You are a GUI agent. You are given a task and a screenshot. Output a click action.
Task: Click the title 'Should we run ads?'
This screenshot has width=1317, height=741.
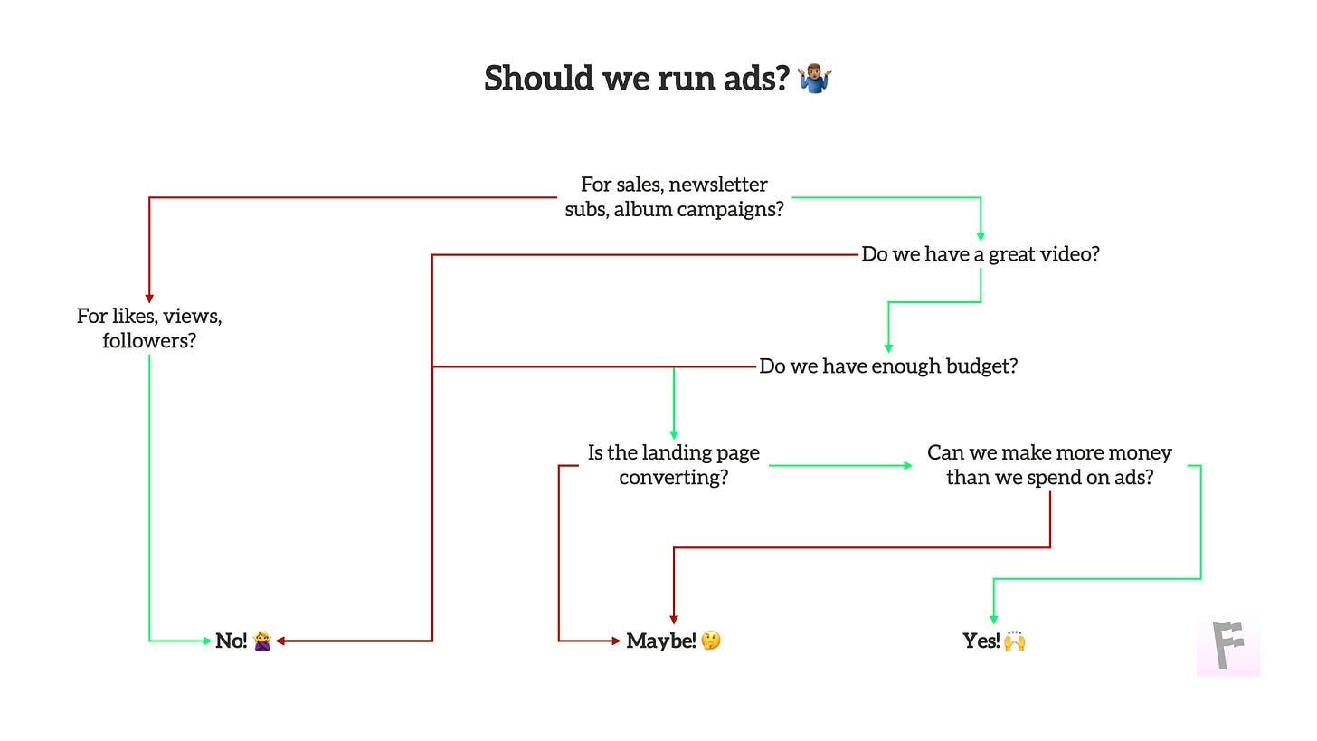(x=637, y=79)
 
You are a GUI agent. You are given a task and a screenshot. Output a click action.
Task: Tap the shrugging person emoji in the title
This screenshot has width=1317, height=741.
(x=815, y=79)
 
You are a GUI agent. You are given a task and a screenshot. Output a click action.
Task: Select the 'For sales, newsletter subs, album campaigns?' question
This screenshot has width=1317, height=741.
(x=674, y=197)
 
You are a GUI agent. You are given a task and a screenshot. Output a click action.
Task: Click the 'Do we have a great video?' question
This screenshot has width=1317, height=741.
(x=980, y=254)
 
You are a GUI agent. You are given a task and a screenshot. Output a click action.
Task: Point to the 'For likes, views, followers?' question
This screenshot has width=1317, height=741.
(x=149, y=328)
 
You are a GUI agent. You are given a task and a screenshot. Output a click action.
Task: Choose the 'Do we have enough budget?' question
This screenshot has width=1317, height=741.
(x=888, y=366)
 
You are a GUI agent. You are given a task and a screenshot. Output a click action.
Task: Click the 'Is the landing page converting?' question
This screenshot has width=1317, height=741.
(x=674, y=465)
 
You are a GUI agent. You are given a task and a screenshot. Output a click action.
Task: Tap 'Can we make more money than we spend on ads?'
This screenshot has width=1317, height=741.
(x=1049, y=465)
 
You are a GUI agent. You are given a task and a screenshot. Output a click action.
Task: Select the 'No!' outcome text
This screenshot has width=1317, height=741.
(x=231, y=641)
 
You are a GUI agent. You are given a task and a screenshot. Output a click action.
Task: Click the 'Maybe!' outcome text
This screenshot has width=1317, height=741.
(x=661, y=641)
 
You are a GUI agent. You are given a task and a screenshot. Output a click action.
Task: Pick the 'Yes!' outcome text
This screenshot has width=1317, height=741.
(x=981, y=641)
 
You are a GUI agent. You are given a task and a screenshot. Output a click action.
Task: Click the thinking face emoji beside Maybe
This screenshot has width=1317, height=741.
(x=711, y=641)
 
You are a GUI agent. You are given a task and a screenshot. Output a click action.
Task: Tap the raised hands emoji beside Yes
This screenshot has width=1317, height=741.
(x=1014, y=641)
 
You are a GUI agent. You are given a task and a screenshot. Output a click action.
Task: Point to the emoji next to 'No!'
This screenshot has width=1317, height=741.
(x=262, y=641)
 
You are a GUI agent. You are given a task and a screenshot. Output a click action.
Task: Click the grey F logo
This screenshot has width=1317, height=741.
(x=1227, y=646)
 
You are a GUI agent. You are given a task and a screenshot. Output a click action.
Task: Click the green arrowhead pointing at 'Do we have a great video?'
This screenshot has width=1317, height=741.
(x=981, y=236)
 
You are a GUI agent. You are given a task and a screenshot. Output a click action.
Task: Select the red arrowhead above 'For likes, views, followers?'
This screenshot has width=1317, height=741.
(x=149, y=299)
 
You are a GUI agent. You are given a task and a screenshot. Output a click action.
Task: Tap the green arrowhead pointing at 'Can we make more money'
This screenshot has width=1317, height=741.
(x=908, y=465)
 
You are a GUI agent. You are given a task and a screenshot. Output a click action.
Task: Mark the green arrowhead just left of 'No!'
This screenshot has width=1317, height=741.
(x=206, y=641)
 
